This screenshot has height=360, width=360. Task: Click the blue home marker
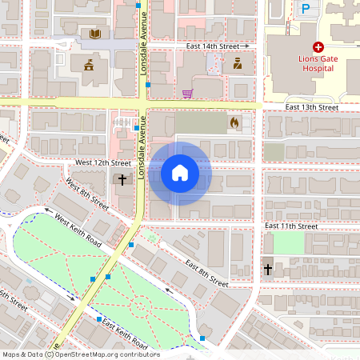pos(180,173)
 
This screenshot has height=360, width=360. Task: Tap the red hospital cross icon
pos(318,48)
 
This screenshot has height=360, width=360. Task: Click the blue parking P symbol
pos(305,10)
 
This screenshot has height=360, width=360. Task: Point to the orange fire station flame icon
pos(234,123)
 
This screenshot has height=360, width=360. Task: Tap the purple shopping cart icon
pos(187,94)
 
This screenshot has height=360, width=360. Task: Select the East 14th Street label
pos(214,47)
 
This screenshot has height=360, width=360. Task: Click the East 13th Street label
pos(312,107)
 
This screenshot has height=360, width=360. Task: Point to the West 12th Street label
pos(102,162)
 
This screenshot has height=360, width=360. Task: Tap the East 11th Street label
pos(291,227)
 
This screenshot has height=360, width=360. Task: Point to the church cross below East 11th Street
pos(267,269)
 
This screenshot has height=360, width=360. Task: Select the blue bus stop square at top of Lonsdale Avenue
pos(138,6)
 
